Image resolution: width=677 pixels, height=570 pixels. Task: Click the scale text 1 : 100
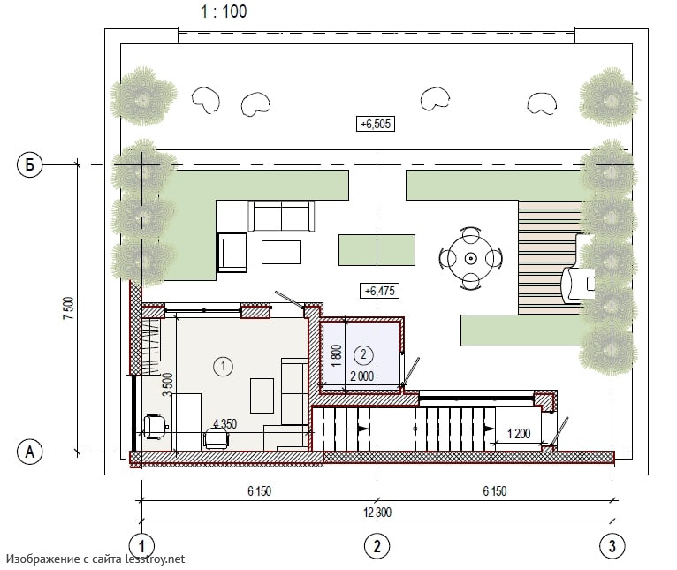(x=224, y=11)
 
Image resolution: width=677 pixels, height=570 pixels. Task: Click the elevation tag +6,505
(x=376, y=124)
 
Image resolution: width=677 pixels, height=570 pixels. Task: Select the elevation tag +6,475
(x=379, y=291)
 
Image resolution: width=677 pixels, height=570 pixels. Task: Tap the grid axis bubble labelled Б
(x=29, y=164)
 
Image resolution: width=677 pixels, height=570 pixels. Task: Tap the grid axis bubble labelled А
(x=29, y=452)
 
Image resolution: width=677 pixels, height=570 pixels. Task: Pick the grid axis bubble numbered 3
(x=612, y=546)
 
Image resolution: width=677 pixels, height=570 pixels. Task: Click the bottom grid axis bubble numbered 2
(x=377, y=546)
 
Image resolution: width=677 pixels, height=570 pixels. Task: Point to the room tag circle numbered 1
(x=224, y=366)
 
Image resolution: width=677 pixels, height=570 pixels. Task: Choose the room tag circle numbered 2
(x=363, y=354)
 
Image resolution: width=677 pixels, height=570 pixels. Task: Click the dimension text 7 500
(x=69, y=308)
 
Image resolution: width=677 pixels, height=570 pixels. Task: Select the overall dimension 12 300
(x=377, y=513)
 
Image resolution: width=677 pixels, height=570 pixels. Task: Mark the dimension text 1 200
(x=519, y=433)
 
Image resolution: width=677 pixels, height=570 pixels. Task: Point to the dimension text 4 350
(x=225, y=423)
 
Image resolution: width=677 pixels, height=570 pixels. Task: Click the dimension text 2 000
(x=361, y=376)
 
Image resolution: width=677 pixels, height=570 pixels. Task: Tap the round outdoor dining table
(x=470, y=259)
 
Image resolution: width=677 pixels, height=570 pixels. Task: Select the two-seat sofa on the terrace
(x=281, y=216)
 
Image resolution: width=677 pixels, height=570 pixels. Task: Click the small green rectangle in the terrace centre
(x=377, y=250)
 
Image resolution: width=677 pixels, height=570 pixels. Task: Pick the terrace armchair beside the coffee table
(x=232, y=253)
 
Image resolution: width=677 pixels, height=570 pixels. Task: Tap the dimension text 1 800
(x=338, y=355)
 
